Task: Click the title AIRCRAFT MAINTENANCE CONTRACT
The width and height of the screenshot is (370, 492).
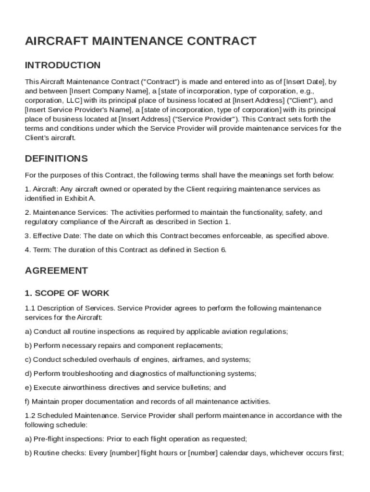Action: point(140,41)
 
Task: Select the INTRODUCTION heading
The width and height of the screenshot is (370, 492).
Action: point(62,65)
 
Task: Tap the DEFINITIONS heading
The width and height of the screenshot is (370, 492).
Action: point(56,159)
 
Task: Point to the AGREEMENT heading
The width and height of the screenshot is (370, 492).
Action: point(56,271)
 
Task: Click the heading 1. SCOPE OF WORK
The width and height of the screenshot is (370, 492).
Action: point(67,293)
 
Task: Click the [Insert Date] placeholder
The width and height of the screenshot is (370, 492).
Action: point(305,82)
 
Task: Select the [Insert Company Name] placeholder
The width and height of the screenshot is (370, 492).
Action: point(109,91)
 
